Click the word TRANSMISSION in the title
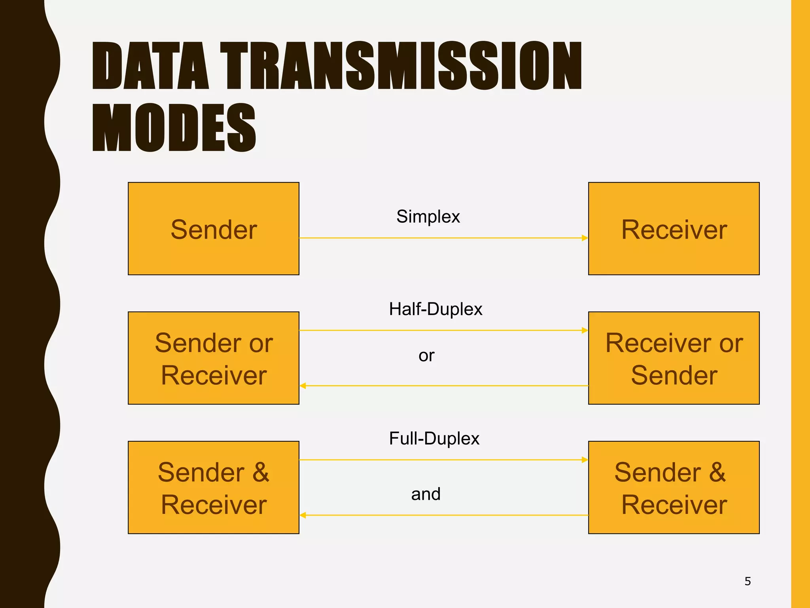401,66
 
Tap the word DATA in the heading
150,66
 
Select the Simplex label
428,217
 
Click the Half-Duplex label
435,309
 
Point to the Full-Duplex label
434,439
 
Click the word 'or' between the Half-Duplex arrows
426,355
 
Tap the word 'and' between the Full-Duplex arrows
426,494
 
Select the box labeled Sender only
214,229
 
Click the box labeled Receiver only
674,229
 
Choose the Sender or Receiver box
214,358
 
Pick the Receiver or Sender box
674,358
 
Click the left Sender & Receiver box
214,488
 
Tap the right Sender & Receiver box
674,488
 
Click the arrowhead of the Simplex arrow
585,238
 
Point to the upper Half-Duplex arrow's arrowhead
585,330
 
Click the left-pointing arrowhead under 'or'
303,386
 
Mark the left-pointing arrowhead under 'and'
303,515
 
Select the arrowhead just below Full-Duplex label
585,460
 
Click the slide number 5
748,581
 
